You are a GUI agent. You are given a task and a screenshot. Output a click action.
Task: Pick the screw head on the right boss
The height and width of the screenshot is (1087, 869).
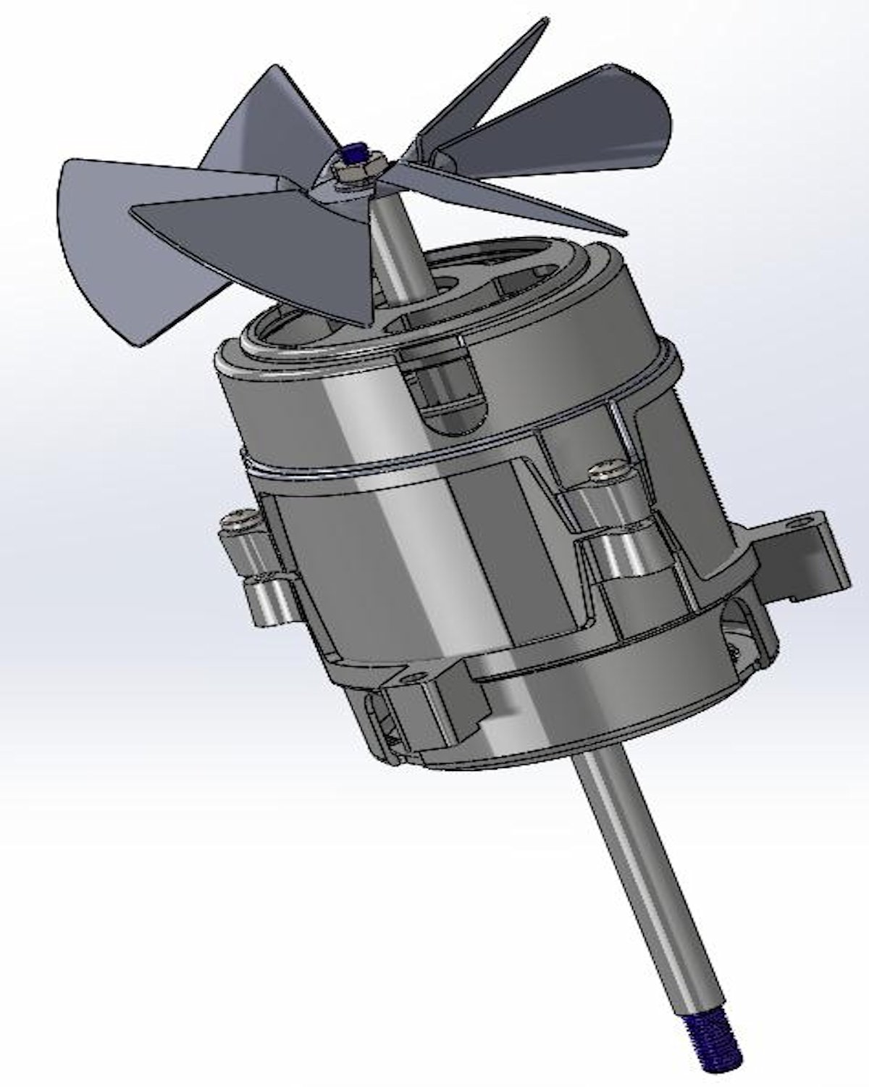tap(607, 472)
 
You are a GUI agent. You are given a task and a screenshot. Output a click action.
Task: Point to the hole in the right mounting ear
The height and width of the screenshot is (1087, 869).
tap(819, 520)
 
